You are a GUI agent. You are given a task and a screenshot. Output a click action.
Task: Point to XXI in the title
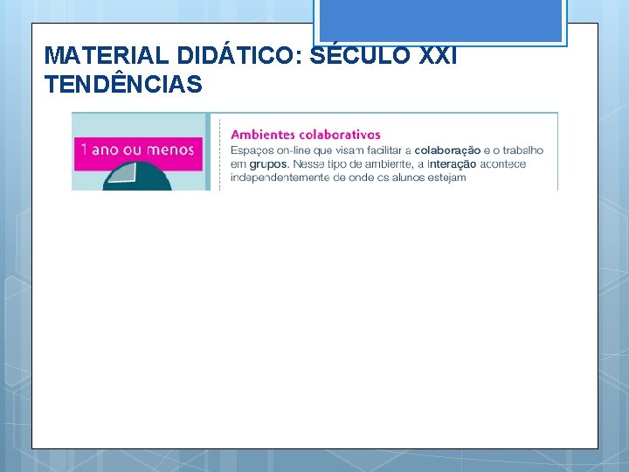[438, 54]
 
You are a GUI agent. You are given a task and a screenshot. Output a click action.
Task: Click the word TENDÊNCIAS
[122, 85]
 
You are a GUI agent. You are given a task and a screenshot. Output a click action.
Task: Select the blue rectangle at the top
[439, 20]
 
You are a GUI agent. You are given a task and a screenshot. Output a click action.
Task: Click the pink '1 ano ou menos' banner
[137, 149]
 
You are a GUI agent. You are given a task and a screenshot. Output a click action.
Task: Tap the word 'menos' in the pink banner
[170, 149]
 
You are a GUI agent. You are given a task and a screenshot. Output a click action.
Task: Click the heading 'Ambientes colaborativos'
[305, 135]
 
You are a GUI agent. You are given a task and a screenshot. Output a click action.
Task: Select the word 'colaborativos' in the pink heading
[340, 135]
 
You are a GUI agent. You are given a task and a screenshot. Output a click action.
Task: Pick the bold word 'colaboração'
[447, 150]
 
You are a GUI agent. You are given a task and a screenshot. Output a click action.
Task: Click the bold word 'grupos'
[269, 163]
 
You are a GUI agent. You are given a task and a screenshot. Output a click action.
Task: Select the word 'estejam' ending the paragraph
[446, 177]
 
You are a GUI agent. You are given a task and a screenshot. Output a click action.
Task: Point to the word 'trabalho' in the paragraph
[521, 150]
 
